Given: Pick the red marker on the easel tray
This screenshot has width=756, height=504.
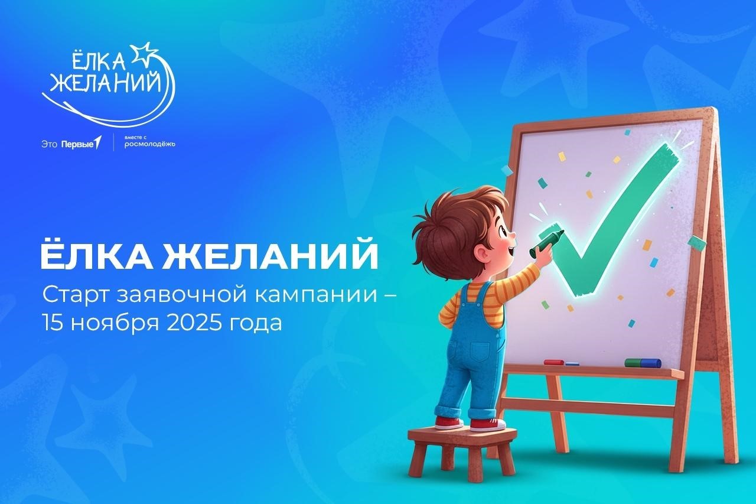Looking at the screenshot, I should point(554,362).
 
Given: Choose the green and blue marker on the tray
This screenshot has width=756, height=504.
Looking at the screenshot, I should point(643,362).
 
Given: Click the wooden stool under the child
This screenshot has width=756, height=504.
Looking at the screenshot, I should point(461,448).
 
